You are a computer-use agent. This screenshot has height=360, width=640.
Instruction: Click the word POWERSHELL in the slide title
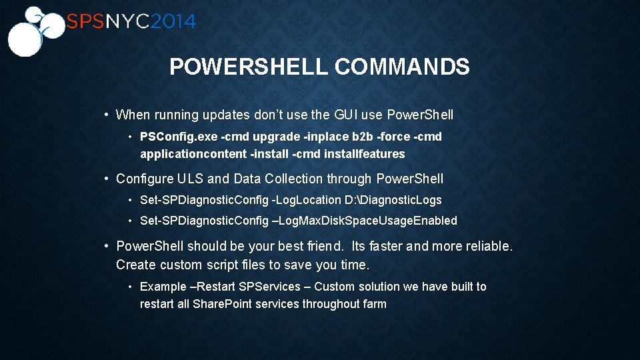249,67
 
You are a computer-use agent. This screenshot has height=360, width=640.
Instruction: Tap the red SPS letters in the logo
85,22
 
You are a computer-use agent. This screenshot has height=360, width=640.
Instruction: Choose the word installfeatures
365,154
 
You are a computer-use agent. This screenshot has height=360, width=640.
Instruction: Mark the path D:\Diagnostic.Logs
393,200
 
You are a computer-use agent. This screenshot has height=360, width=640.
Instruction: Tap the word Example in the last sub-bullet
163,287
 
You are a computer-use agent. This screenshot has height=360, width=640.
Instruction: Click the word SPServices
269,287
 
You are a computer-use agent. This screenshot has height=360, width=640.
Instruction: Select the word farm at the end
375,304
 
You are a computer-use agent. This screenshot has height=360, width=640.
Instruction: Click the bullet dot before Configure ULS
107,179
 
